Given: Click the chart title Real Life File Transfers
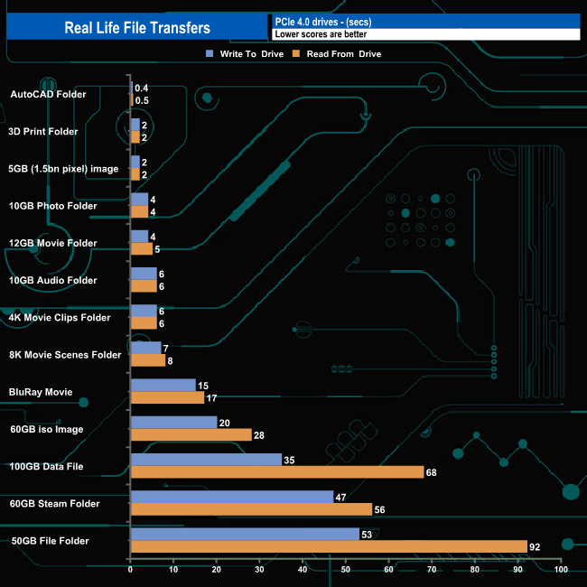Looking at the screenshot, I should click(x=137, y=27).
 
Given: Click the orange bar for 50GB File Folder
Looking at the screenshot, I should click(x=329, y=545).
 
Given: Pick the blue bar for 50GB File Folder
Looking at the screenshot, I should click(x=245, y=534).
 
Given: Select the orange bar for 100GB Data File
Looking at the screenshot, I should click(x=277, y=471).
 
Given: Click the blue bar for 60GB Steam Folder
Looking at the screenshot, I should click(x=232, y=497).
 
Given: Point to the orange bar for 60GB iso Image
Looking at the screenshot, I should click(x=191, y=434).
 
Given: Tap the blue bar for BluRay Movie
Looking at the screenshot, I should click(x=163, y=385).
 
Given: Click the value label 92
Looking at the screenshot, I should click(x=535, y=545).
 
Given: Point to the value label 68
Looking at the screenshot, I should click(x=432, y=471).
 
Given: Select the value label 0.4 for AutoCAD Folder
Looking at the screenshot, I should click(x=142, y=88).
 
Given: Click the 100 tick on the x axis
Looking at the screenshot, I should click(x=561, y=570).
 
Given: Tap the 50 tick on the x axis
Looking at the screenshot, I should click(x=346, y=570).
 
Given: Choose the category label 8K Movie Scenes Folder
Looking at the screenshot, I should click(x=64, y=355).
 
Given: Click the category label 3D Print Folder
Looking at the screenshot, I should click(x=43, y=132).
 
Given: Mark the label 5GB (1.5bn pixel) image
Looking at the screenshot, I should click(x=63, y=169).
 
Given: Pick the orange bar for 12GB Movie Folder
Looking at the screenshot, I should click(x=142, y=248).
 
